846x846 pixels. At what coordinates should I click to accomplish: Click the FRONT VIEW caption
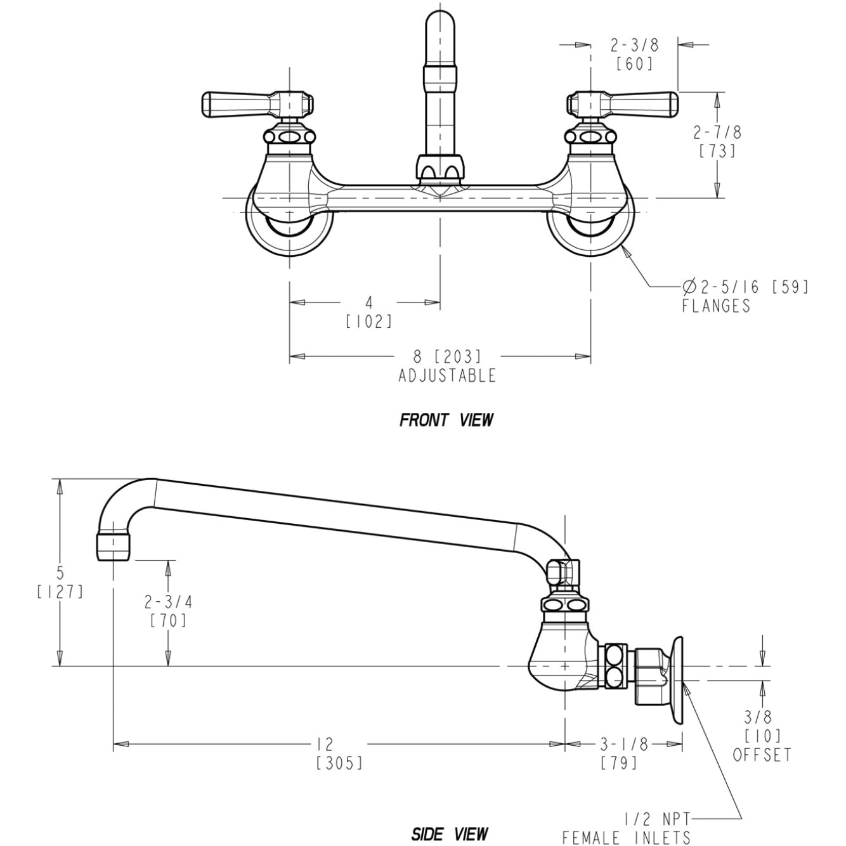446,420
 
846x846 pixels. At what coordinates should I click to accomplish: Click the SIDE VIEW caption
450,833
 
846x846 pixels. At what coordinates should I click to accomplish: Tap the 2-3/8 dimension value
634,45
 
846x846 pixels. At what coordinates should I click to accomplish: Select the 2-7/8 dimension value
717,133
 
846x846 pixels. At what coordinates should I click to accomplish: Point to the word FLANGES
716,306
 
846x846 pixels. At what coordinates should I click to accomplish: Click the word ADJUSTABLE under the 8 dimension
447,375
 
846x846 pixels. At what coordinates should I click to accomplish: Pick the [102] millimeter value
368,322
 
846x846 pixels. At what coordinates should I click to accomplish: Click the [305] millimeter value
339,762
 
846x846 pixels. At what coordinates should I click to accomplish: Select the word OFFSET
762,755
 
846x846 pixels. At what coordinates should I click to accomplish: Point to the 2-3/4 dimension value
168,601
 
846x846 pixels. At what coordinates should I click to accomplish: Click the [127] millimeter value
60,592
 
